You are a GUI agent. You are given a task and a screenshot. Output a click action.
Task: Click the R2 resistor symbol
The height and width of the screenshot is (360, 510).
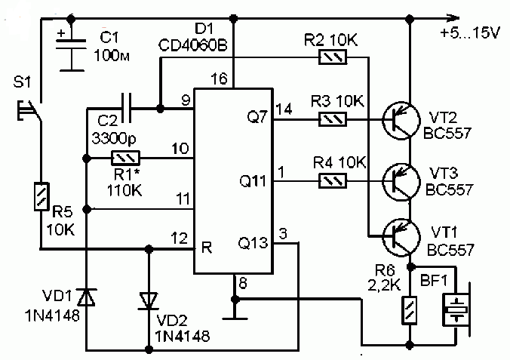[333, 57]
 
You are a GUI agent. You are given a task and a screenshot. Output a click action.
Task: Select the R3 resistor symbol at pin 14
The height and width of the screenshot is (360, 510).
[333, 119]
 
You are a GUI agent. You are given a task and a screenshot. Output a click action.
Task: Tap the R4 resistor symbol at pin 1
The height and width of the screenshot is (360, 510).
[333, 181]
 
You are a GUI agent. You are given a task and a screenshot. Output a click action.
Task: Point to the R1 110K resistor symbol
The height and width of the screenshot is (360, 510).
[126, 158]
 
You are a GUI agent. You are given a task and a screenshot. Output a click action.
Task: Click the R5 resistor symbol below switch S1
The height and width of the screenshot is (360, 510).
[42, 196]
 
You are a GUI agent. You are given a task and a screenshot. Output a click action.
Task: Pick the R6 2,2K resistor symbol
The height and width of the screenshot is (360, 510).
[410, 310]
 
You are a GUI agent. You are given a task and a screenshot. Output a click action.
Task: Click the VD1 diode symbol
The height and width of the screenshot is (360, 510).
[87, 297]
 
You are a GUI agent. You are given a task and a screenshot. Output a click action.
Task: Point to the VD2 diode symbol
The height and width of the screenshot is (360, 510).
[149, 300]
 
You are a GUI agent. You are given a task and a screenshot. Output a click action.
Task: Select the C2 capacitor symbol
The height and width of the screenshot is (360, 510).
[126, 108]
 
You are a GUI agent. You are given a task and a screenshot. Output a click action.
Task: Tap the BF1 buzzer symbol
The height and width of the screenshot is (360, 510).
[456, 309]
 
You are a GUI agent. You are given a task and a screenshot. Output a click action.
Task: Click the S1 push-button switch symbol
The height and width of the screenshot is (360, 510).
[30, 111]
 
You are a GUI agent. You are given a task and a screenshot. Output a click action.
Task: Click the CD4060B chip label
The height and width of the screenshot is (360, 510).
[193, 46]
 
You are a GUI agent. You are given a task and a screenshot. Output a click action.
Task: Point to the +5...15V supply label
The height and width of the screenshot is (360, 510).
[470, 33]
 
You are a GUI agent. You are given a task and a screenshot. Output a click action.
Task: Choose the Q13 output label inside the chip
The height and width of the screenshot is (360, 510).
[253, 243]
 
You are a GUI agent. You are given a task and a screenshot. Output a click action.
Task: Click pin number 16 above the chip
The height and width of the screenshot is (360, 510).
[219, 78]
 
